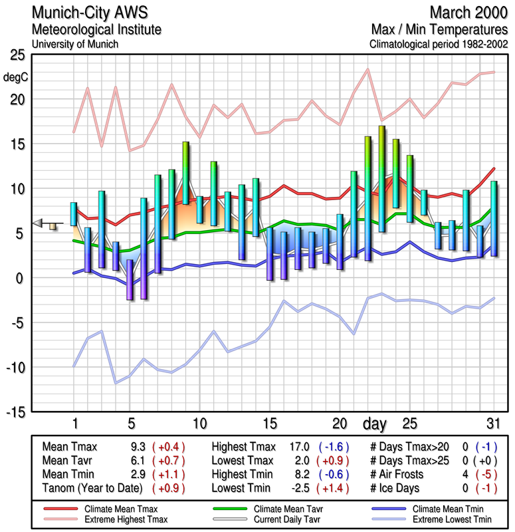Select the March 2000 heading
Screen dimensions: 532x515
[x=468, y=13]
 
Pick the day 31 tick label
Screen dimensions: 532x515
[x=493, y=424]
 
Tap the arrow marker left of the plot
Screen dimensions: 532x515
[x=40, y=223]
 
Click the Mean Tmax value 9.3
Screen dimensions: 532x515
[x=139, y=448]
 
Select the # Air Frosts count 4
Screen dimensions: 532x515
[x=466, y=475]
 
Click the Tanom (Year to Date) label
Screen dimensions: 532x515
[x=92, y=488]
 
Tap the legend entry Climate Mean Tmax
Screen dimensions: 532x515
[x=116, y=509]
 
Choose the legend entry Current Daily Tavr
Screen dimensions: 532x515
[x=282, y=519]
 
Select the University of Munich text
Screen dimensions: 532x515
[x=74, y=44]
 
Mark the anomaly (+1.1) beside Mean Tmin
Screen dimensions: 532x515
[x=169, y=475]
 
